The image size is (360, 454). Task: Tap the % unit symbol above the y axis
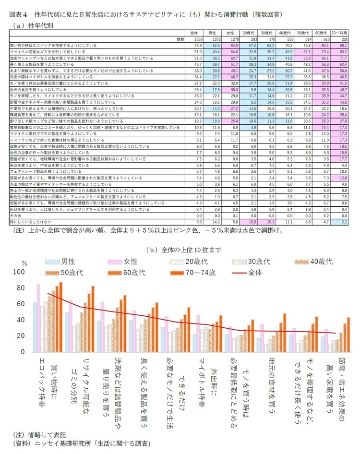[25, 263]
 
